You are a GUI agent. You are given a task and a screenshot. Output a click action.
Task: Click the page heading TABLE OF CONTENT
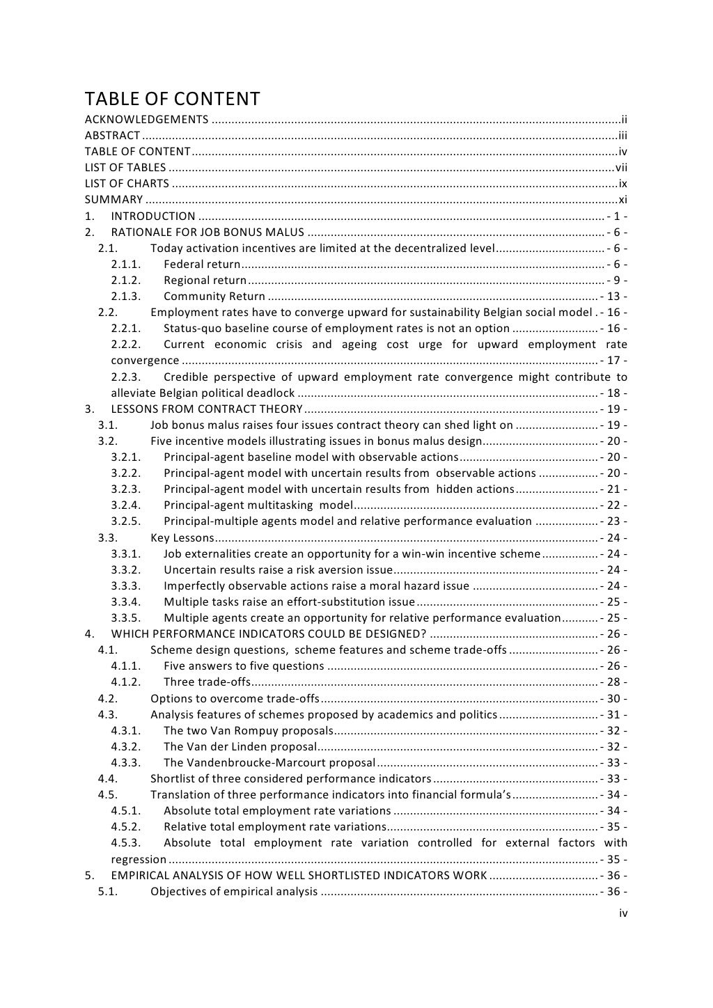(x=172, y=99)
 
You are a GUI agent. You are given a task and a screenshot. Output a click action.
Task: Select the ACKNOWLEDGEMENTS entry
(x=146, y=120)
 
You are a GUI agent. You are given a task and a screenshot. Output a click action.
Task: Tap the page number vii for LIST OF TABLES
(x=620, y=168)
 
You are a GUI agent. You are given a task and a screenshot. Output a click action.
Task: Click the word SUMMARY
(x=113, y=200)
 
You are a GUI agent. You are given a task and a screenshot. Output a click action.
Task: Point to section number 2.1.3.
(x=126, y=297)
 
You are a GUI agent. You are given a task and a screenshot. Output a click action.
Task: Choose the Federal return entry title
(x=202, y=265)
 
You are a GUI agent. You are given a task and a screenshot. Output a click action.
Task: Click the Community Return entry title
(x=214, y=297)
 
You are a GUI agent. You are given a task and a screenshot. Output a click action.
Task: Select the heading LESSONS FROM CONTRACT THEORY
(x=207, y=409)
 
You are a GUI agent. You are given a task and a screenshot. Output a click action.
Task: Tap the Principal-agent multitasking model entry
(x=258, y=505)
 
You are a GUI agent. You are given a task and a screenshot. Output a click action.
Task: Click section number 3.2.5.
(x=126, y=521)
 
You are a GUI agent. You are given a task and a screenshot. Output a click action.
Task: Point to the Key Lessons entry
(x=182, y=537)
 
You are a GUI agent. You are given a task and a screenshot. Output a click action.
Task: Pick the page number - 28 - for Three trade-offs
(x=613, y=682)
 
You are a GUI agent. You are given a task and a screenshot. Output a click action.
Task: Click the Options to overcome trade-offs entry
(x=235, y=698)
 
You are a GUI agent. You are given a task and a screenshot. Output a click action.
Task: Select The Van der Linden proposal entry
(x=240, y=747)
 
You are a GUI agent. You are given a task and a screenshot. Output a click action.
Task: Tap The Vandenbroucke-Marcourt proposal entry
(x=269, y=763)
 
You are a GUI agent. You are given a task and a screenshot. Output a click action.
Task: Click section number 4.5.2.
(x=126, y=827)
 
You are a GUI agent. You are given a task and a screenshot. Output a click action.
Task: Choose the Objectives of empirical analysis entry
(x=234, y=892)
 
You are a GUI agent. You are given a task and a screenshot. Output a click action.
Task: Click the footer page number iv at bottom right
(x=623, y=913)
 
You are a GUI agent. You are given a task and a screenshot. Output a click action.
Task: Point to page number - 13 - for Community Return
(x=613, y=297)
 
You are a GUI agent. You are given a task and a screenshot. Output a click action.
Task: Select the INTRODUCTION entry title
(x=153, y=216)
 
